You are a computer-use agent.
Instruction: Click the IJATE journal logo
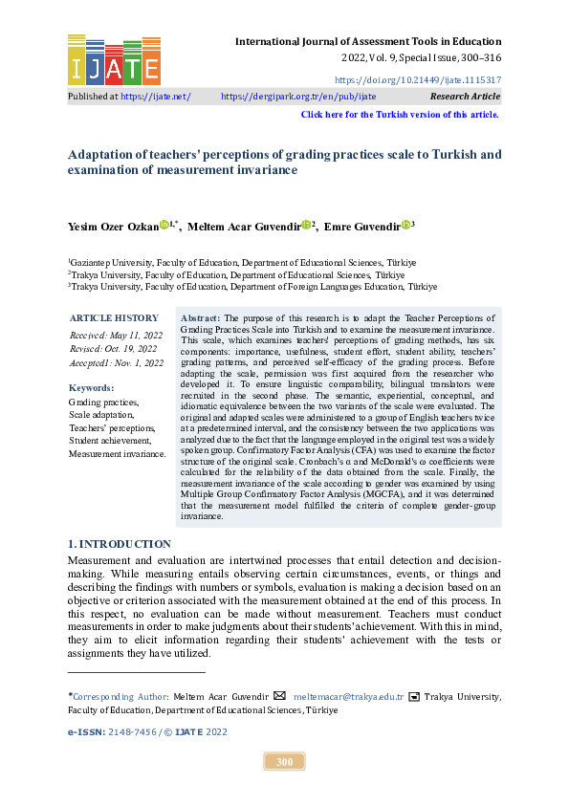[x=114, y=59]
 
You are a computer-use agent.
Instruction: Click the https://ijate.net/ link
[x=156, y=97]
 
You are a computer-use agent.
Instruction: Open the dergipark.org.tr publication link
[x=298, y=97]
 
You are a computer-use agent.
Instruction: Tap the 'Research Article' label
[x=465, y=97]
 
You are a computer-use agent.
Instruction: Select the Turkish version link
[x=400, y=115]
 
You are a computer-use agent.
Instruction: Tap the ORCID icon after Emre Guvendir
[x=405, y=226]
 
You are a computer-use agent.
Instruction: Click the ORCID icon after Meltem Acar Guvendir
[x=305, y=226]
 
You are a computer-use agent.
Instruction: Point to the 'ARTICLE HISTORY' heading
[x=114, y=318]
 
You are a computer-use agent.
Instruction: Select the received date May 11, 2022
[x=117, y=335]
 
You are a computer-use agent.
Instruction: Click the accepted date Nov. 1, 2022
[x=117, y=363]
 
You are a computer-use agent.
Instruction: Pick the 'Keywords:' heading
[x=91, y=388]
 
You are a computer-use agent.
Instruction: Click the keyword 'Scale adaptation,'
[x=101, y=416]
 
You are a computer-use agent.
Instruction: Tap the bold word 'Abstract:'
[x=200, y=317]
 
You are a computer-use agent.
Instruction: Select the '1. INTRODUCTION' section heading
[x=120, y=543]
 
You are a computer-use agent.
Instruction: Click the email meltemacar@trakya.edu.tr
[x=348, y=697]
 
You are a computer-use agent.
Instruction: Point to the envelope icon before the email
[x=279, y=696]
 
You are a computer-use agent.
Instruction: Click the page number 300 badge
[x=284, y=762]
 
